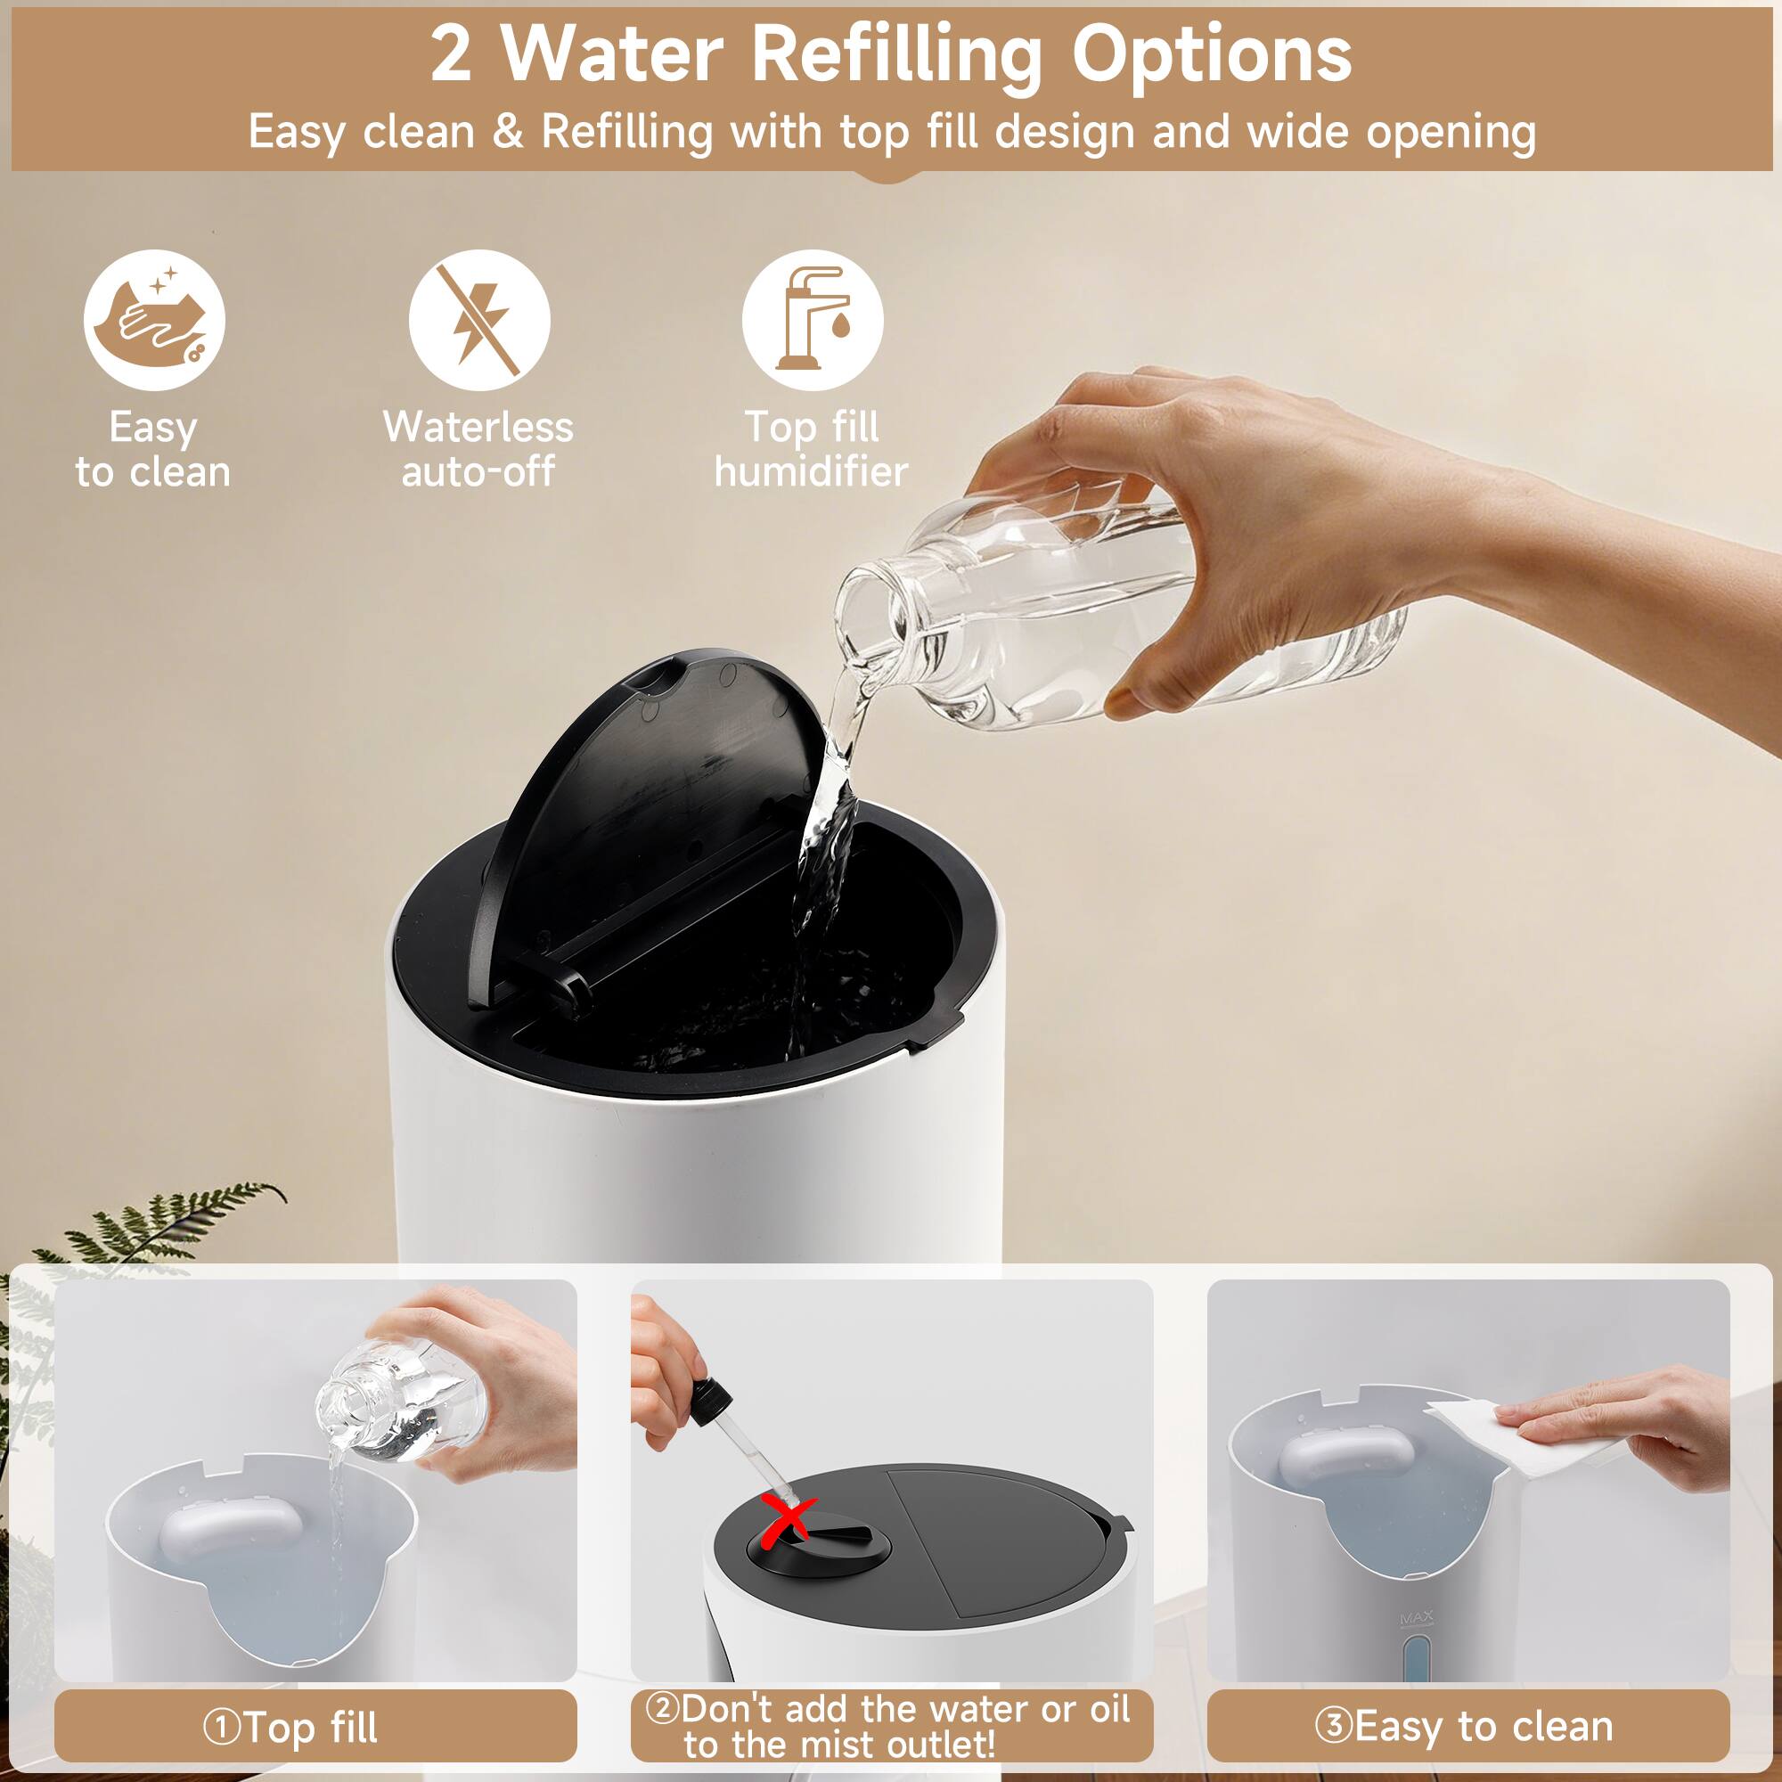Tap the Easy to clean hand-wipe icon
[x=154, y=320]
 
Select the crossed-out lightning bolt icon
[x=478, y=320]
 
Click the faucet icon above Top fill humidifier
[x=812, y=320]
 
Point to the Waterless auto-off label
[x=478, y=449]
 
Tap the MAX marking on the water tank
[x=1416, y=1620]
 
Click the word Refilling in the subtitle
[x=627, y=131]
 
